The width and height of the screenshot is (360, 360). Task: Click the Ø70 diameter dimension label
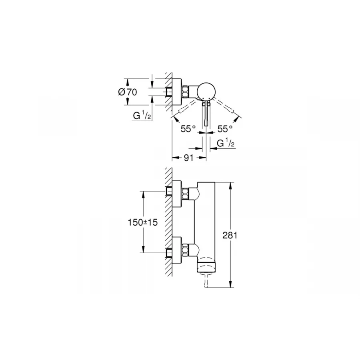128,92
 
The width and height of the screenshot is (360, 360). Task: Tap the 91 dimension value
189,158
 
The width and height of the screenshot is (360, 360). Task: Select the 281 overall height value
231,235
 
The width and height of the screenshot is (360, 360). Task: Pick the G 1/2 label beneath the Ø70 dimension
142,116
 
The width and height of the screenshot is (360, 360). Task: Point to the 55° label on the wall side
188,129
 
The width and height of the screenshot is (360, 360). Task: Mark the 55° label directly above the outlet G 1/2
225,129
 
